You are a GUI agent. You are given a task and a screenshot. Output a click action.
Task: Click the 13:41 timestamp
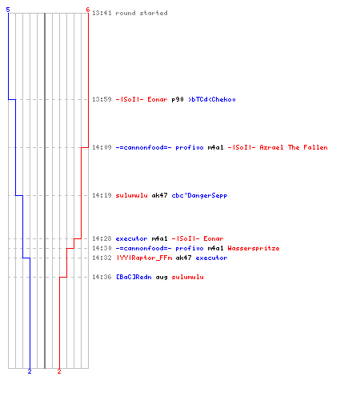click(x=102, y=13)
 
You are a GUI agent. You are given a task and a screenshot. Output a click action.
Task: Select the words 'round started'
click(x=142, y=13)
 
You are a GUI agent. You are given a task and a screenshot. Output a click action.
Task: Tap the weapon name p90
click(x=178, y=100)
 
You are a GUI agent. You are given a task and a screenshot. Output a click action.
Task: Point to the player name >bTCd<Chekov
click(x=212, y=99)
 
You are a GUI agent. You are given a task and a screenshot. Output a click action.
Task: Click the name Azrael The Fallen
click(x=294, y=147)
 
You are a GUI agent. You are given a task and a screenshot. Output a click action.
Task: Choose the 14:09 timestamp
click(x=102, y=147)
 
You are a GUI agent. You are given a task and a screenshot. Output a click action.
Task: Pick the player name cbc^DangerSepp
click(x=199, y=196)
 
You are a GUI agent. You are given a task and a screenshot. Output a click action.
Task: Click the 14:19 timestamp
click(x=102, y=195)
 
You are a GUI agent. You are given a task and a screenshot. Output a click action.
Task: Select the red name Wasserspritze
click(x=254, y=249)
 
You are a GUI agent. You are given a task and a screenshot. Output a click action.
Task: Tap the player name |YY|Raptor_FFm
click(x=144, y=258)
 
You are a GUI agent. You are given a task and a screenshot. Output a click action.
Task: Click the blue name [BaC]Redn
click(x=134, y=277)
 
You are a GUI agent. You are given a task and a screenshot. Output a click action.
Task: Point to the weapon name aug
click(x=162, y=278)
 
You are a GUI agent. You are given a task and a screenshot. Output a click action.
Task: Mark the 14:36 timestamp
click(x=102, y=277)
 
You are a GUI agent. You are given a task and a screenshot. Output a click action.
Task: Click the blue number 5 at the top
click(x=8, y=10)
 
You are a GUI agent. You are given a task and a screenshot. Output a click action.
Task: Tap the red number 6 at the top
click(x=88, y=10)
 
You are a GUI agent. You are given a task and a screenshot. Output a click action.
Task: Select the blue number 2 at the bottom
click(x=30, y=371)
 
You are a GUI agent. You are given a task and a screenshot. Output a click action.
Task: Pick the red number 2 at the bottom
click(x=59, y=371)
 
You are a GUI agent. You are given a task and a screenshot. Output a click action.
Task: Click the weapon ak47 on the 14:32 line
click(x=183, y=258)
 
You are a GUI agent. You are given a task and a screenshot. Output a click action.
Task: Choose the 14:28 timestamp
click(x=102, y=238)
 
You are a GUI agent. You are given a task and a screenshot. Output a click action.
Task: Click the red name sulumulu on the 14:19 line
click(x=131, y=195)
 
